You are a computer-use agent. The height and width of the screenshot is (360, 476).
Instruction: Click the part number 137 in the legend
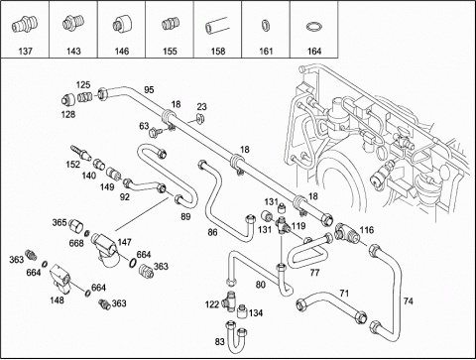tap(26, 52)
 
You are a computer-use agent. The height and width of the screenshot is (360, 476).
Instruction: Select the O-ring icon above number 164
tap(313, 27)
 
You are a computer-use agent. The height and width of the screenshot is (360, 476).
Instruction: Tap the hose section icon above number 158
tap(217, 26)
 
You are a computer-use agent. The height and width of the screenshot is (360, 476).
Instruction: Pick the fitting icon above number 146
tap(121, 24)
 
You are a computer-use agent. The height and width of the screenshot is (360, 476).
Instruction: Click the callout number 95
tap(149, 89)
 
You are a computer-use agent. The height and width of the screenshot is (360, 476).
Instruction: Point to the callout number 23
tap(201, 107)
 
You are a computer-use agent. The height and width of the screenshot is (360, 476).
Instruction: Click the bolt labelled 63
tap(155, 133)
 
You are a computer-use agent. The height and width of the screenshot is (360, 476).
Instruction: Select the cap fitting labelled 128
tap(68, 99)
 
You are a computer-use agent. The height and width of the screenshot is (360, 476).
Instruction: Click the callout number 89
tap(185, 217)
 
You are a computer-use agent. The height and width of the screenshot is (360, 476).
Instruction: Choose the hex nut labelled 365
tap(76, 226)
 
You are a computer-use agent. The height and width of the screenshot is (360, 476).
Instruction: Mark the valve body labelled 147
tap(104, 249)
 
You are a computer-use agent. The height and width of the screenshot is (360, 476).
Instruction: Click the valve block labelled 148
tap(61, 279)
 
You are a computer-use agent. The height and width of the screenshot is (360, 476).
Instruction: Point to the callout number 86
tap(212, 232)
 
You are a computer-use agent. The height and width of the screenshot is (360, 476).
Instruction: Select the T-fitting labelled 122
tap(229, 300)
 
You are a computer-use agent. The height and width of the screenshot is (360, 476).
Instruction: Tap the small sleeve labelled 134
tap(243, 310)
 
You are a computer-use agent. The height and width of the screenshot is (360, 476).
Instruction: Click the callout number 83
tap(219, 341)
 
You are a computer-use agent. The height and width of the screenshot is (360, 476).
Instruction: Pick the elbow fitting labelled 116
tap(345, 231)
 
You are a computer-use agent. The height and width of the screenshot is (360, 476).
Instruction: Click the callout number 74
tap(409, 301)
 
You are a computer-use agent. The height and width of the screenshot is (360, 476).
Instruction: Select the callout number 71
tap(344, 293)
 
